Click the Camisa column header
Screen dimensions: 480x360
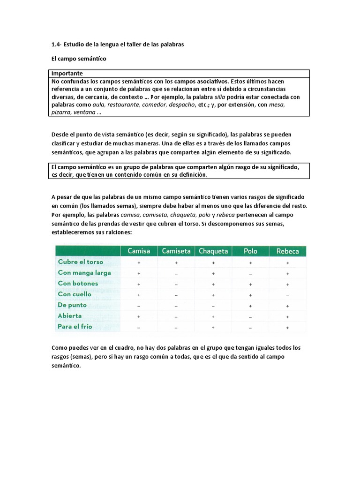[x=139, y=251]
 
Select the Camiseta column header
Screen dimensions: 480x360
[x=176, y=251]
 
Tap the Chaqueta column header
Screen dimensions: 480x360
[x=213, y=251]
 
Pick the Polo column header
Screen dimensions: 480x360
[x=250, y=251]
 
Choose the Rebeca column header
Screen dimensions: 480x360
[x=287, y=251]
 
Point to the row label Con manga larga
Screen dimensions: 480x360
[x=84, y=273]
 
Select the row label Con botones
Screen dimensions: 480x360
[x=78, y=284]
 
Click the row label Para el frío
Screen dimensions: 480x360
[x=75, y=327]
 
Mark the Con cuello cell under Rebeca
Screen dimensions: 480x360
[x=287, y=295]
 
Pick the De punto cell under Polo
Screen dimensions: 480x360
[x=250, y=306]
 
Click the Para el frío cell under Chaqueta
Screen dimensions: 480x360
[x=213, y=327]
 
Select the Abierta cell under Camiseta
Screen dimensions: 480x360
[x=176, y=316]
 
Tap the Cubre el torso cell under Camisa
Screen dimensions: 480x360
[x=139, y=262]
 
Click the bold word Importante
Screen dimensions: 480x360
[x=67, y=74]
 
